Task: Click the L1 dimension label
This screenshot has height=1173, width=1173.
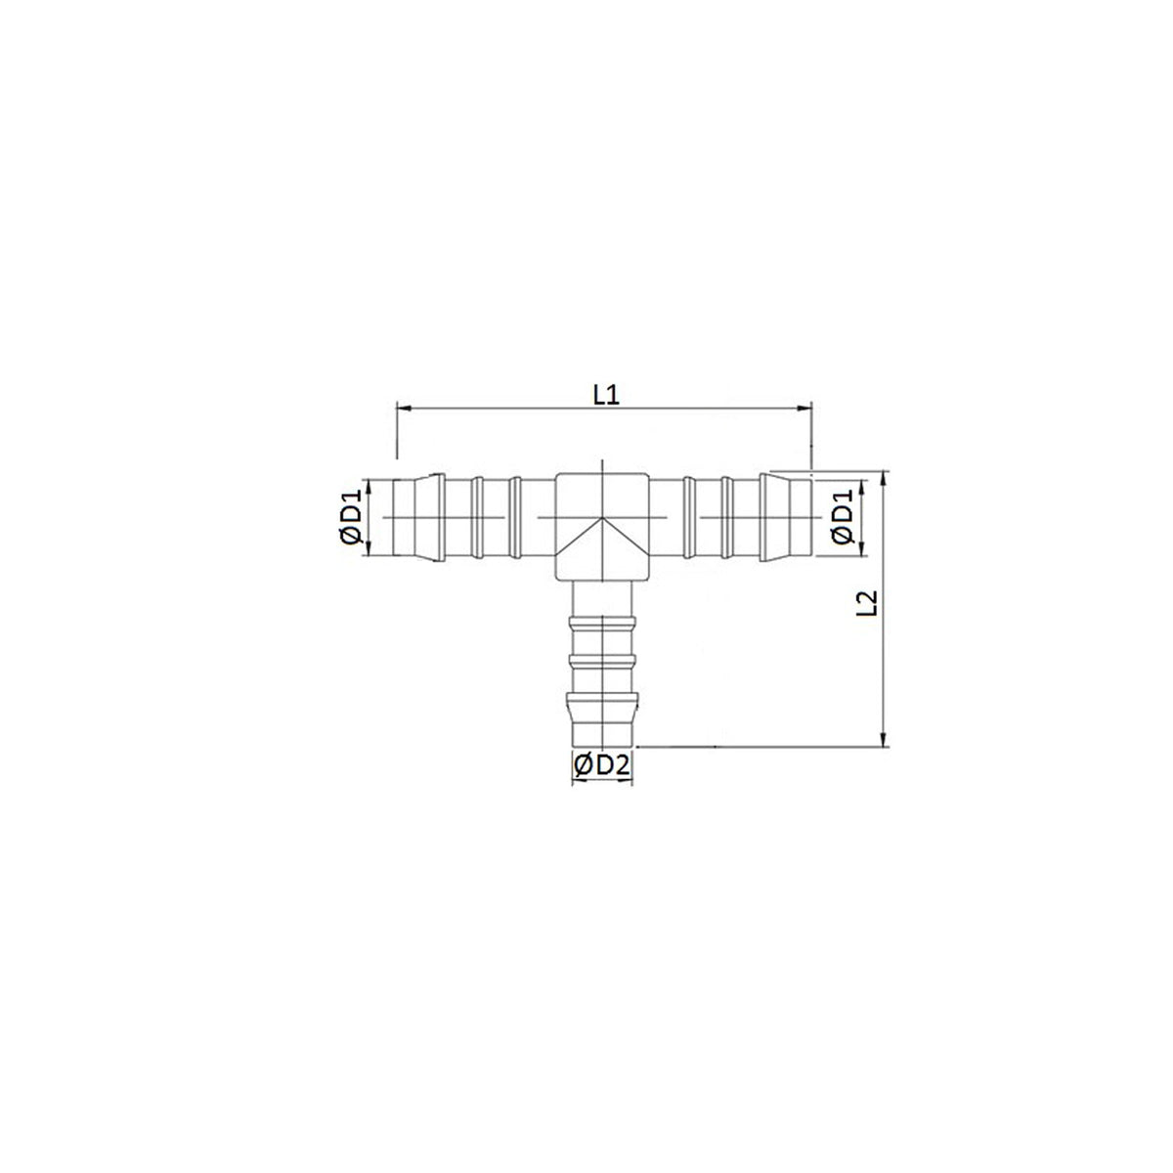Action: point(606,396)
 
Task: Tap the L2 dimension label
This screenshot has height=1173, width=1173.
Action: point(866,603)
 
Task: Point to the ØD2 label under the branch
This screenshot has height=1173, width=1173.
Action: point(601,765)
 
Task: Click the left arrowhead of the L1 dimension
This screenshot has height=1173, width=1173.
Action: point(404,409)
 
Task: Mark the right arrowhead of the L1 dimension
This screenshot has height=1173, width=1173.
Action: point(804,409)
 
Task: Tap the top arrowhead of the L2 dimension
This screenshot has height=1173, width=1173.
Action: point(885,478)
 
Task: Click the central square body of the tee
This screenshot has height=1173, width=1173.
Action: point(601,526)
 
